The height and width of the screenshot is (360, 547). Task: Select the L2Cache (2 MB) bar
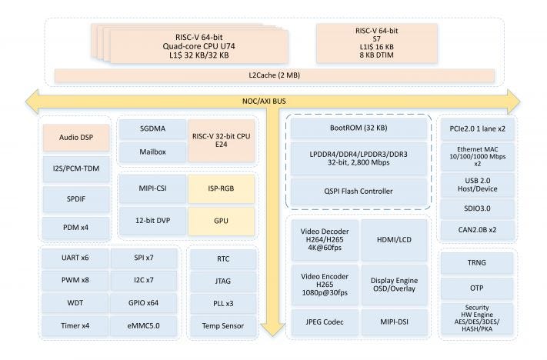pos(273,75)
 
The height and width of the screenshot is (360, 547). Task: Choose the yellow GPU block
pos(221,220)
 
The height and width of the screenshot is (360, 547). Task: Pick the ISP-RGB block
pos(221,188)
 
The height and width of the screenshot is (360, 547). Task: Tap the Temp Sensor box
pos(222,325)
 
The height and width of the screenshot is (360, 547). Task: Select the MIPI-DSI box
pos(393,322)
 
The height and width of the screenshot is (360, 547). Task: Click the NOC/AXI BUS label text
pos(273,99)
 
